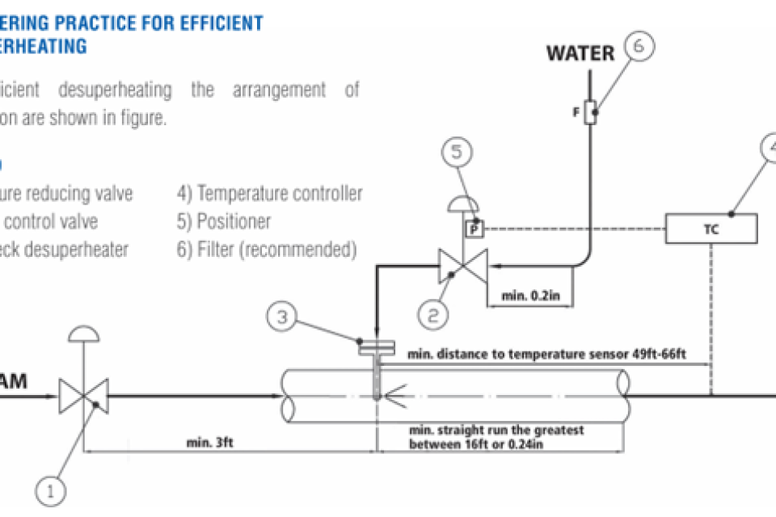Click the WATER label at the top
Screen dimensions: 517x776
(580, 54)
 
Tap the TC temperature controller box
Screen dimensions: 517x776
(711, 229)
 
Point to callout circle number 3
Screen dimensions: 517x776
(281, 317)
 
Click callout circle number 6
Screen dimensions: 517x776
(639, 48)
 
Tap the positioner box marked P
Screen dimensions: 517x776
(474, 229)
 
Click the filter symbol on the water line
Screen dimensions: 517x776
(593, 112)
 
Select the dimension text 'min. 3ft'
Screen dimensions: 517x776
(211, 442)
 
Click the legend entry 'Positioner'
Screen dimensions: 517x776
(224, 221)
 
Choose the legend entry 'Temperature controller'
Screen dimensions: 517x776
(269, 194)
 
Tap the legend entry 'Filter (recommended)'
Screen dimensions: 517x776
(266, 250)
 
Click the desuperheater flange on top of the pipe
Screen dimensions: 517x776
(377, 348)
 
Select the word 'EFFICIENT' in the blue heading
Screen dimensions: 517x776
(214, 22)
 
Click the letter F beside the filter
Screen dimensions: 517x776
(576, 112)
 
